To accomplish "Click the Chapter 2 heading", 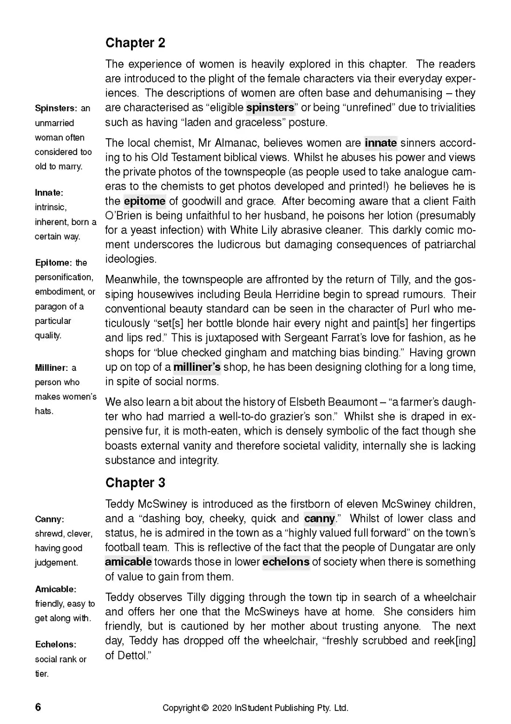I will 135,43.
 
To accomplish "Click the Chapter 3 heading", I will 135,483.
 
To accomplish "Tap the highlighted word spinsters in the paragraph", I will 270,108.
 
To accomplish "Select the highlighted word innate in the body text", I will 380,143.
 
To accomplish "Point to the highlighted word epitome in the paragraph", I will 144,201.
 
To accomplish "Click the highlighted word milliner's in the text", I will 197,367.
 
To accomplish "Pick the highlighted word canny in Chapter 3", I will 319,518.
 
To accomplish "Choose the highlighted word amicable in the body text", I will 128,562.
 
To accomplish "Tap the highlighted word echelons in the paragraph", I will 286,562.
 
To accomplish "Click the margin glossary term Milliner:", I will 51,368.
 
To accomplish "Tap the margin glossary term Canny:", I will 49,519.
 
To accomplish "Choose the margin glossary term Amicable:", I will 56,589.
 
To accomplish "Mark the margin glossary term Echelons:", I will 56,645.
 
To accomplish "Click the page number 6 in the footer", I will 38,707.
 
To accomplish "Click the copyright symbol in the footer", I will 205,708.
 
